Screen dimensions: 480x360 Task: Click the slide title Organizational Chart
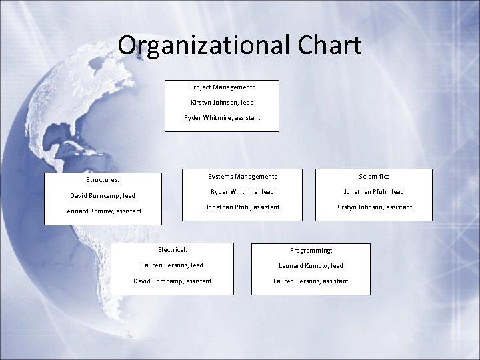(x=239, y=45)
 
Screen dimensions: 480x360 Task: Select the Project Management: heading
(x=222, y=87)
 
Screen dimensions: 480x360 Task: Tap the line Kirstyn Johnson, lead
(x=222, y=103)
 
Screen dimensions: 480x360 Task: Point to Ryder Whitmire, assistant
(x=222, y=118)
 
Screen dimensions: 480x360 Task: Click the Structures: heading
(x=103, y=180)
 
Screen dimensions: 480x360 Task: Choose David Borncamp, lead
(x=103, y=196)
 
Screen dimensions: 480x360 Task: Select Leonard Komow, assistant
(x=103, y=211)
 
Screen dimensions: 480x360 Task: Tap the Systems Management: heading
(x=243, y=177)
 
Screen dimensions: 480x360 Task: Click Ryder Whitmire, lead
(x=242, y=192)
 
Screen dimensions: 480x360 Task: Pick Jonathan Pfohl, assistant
(x=243, y=207)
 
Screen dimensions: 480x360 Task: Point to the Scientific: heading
(x=373, y=177)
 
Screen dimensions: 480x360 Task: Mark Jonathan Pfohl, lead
(x=373, y=192)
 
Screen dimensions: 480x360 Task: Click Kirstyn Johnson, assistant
(x=374, y=207)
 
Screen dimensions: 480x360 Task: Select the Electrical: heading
(x=173, y=250)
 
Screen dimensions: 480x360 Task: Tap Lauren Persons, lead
(x=173, y=265)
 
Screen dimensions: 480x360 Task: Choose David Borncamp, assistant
(x=173, y=281)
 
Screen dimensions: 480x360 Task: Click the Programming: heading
(x=311, y=251)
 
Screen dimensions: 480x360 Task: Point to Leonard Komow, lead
(x=311, y=266)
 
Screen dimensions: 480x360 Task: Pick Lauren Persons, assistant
(x=311, y=281)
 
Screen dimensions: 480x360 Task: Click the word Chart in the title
(x=329, y=45)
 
